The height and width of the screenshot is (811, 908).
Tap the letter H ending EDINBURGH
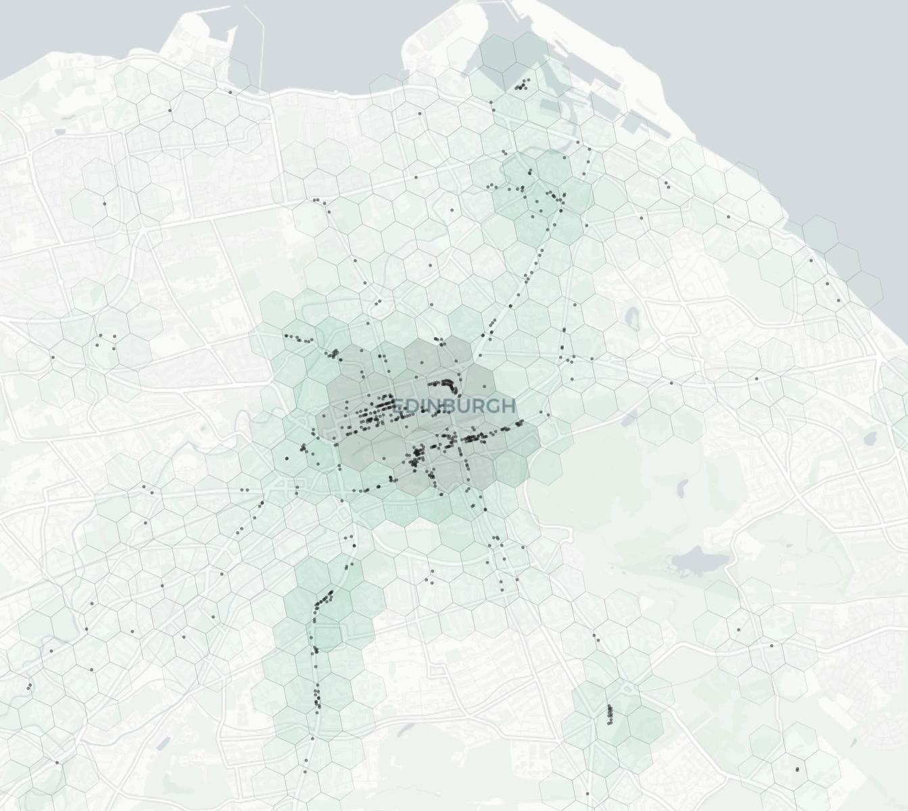508,405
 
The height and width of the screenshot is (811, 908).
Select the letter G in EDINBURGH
494,405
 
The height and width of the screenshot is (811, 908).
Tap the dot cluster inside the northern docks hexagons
522,85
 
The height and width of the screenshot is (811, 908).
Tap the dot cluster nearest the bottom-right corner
798,769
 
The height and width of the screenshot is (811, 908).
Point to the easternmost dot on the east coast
839,300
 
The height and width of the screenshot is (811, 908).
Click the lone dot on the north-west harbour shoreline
231,92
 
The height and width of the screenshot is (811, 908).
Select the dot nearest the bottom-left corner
57,762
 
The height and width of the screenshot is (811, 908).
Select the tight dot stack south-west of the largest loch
610,713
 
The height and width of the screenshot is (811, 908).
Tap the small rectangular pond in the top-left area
61,130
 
